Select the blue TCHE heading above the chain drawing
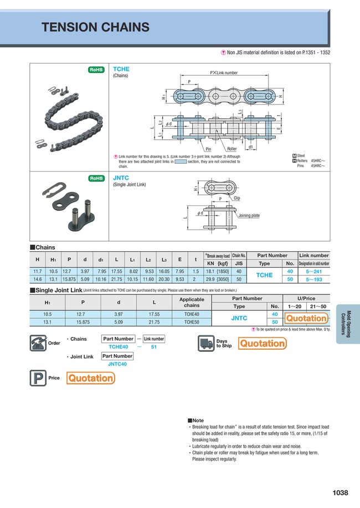pyautogui.click(x=121, y=69)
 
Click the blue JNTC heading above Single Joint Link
pyautogui.click(x=121, y=178)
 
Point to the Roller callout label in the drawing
pyautogui.click(x=232, y=149)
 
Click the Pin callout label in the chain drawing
pyautogui.click(x=208, y=149)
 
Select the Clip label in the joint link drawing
pyautogui.click(x=236, y=198)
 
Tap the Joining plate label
pyautogui.click(x=249, y=215)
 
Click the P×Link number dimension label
pyautogui.click(x=223, y=73)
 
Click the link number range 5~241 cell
pyautogui.click(x=314, y=272)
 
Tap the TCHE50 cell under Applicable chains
pyautogui.click(x=192, y=322)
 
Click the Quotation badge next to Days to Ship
pyautogui.click(x=262, y=344)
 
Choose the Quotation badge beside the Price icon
pyautogui.click(x=90, y=379)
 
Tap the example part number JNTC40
pyautogui.click(x=117, y=364)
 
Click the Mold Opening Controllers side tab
pyautogui.click(x=347, y=324)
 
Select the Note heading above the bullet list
pyautogui.click(x=197, y=421)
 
